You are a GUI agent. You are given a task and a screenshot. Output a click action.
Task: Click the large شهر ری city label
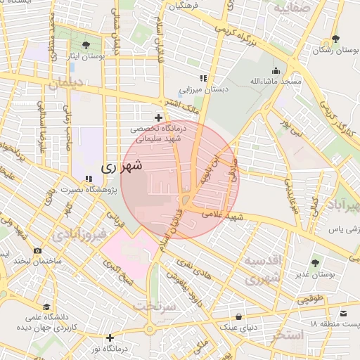[122, 167]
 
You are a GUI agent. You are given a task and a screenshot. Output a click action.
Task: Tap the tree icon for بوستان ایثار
[86, 44]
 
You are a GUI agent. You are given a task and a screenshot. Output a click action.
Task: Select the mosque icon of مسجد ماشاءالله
[276, 70]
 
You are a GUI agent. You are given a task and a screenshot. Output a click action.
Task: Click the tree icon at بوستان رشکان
[335, 39]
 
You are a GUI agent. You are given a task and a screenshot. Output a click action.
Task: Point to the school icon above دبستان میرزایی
[203, 78]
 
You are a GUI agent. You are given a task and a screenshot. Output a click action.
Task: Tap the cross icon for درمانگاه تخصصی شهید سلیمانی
[159, 117]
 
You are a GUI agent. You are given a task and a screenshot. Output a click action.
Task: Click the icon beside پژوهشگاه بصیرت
[88, 179]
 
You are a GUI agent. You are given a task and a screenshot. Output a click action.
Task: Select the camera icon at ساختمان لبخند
[37, 251]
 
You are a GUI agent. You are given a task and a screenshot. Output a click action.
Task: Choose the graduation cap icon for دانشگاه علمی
[46, 307]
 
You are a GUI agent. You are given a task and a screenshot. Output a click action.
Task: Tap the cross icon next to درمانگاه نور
[110, 337]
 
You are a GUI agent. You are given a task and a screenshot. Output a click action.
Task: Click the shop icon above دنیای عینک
[240, 316]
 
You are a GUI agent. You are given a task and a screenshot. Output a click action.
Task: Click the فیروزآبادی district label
[83, 233]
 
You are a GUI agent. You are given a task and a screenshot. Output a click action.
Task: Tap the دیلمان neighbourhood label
[65, 83]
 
